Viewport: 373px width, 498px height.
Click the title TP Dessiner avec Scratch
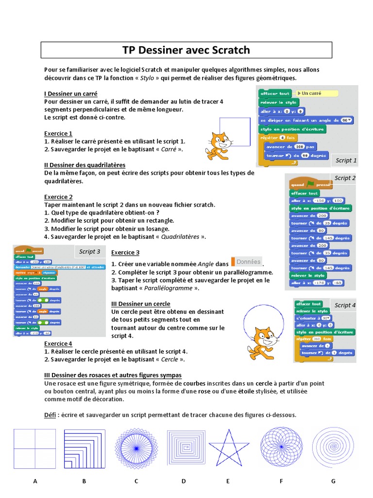click(x=186, y=50)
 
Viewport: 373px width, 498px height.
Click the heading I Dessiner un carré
click(x=71, y=93)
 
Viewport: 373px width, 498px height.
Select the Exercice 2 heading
click(x=58, y=197)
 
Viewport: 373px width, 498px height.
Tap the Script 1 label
click(x=346, y=160)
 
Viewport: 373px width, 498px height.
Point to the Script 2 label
click(x=345, y=178)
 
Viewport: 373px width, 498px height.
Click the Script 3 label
click(x=90, y=251)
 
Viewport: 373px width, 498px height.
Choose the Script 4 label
click(x=345, y=305)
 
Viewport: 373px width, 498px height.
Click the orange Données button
click(x=247, y=262)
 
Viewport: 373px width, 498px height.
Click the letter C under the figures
click(x=136, y=481)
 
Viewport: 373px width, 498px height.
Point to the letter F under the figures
click(x=281, y=481)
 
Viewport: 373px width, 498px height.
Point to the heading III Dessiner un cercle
click(x=141, y=304)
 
